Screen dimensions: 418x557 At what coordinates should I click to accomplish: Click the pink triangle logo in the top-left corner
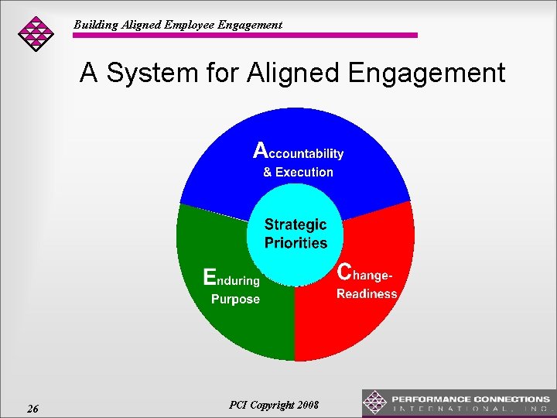[x=36, y=33]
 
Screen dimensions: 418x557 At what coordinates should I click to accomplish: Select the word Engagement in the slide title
[x=426, y=74]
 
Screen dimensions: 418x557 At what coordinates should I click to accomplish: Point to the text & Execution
[x=298, y=172]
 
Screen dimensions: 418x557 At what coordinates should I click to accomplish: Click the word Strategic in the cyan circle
[x=296, y=224]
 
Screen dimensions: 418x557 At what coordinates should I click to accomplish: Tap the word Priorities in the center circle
[x=296, y=243]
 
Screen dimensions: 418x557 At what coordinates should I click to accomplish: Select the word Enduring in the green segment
[x=231, y=279]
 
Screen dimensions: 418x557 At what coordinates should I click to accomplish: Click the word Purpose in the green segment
[x=235, y=299]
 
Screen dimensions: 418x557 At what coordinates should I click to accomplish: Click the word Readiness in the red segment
[x=367, y=294]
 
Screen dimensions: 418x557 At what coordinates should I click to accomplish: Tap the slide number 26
[x=32, y=409]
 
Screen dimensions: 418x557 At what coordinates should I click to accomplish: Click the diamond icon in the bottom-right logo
[x=375, y=403]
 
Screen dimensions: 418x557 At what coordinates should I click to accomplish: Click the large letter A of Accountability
[x=262, y=149]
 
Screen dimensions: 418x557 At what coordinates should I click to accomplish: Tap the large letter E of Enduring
[x=209, y=277]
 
